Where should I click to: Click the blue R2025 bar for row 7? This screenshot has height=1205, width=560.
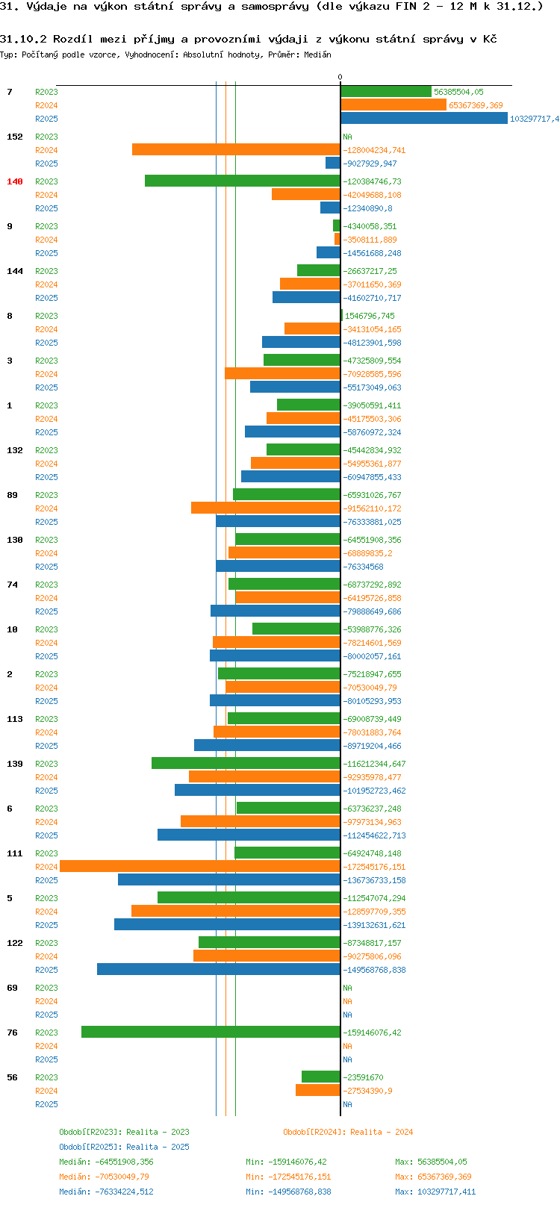[x=424, y=119]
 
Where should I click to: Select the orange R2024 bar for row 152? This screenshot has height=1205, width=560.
[x=236, y=150]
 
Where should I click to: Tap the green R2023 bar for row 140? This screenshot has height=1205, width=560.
[x=243, y=181]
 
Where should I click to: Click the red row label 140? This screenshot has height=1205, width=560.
[x=15, y=181]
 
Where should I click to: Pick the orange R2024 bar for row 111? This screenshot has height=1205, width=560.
[x=200, y=867]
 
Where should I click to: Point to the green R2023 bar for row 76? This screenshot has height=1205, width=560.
[x=211, y=1033]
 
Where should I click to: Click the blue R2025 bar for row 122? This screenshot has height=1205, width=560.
[x=219, y=970]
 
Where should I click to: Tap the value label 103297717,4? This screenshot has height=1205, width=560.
[x=534, y=119]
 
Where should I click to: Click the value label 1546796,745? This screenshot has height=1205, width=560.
[x=370, y=316]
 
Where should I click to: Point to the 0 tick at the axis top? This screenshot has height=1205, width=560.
[x=340, y=78]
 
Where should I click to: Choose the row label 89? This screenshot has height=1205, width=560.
[x=12, y=495]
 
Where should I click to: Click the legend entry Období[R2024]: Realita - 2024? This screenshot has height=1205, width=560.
[x=348, y=1132]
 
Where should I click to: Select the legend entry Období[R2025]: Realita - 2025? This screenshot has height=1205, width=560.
[x=124, y=1147]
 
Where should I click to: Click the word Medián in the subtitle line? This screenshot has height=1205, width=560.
[x=318, y=55]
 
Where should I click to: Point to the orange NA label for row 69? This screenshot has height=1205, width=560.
[x=347, y=1001]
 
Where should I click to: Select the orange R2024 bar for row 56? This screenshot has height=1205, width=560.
[x=317, y=1091]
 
